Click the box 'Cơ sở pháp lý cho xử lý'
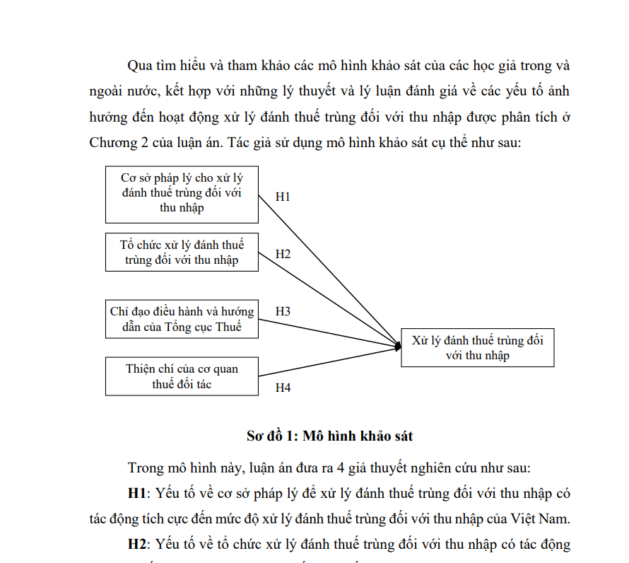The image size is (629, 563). tap(182, 195)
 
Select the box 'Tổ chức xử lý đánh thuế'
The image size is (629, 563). tap(182, 253)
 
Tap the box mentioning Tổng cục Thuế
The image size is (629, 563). tap(182, 318)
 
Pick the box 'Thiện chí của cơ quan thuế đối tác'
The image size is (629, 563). tap(182, 376)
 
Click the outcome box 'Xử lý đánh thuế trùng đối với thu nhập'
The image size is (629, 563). tap(477, 347)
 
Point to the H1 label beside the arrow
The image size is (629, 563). tap(283, 197)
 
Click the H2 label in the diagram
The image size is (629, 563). tap(283, 254)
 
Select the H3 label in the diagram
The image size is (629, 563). tap(283, 311)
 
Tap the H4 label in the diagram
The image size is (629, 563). tap(283, 388)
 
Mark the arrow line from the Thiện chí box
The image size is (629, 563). tap(325, 361)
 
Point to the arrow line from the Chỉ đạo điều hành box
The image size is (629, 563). tap(325, 333)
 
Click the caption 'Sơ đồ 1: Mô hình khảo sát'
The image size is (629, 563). tap(329, 436)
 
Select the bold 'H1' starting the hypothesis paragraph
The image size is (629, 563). tap(137, 493)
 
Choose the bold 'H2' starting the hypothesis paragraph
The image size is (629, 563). tap(137, 544)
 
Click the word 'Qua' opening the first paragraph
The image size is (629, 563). tap(139, 66)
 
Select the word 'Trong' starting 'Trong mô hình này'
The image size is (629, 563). tap(144, 468)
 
